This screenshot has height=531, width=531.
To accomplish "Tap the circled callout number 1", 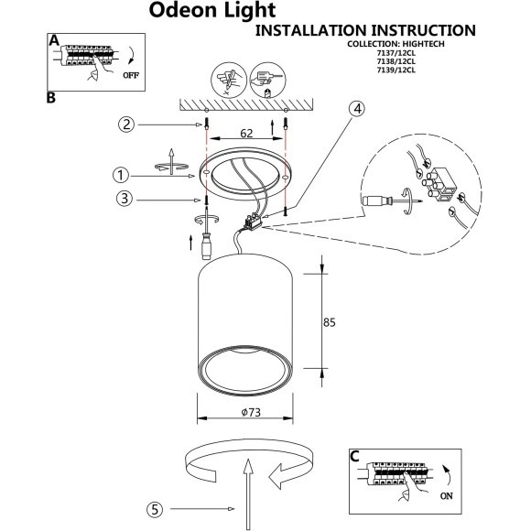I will pyautogui.click(x=119, y=174).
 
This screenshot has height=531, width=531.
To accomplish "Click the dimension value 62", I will pyautogui.click(x=245, y=134).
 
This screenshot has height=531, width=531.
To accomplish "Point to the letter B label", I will pyautogui.click(x=50, y=96).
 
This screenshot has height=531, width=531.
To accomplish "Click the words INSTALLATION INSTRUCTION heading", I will pyautogui.click(x=363, y=31).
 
